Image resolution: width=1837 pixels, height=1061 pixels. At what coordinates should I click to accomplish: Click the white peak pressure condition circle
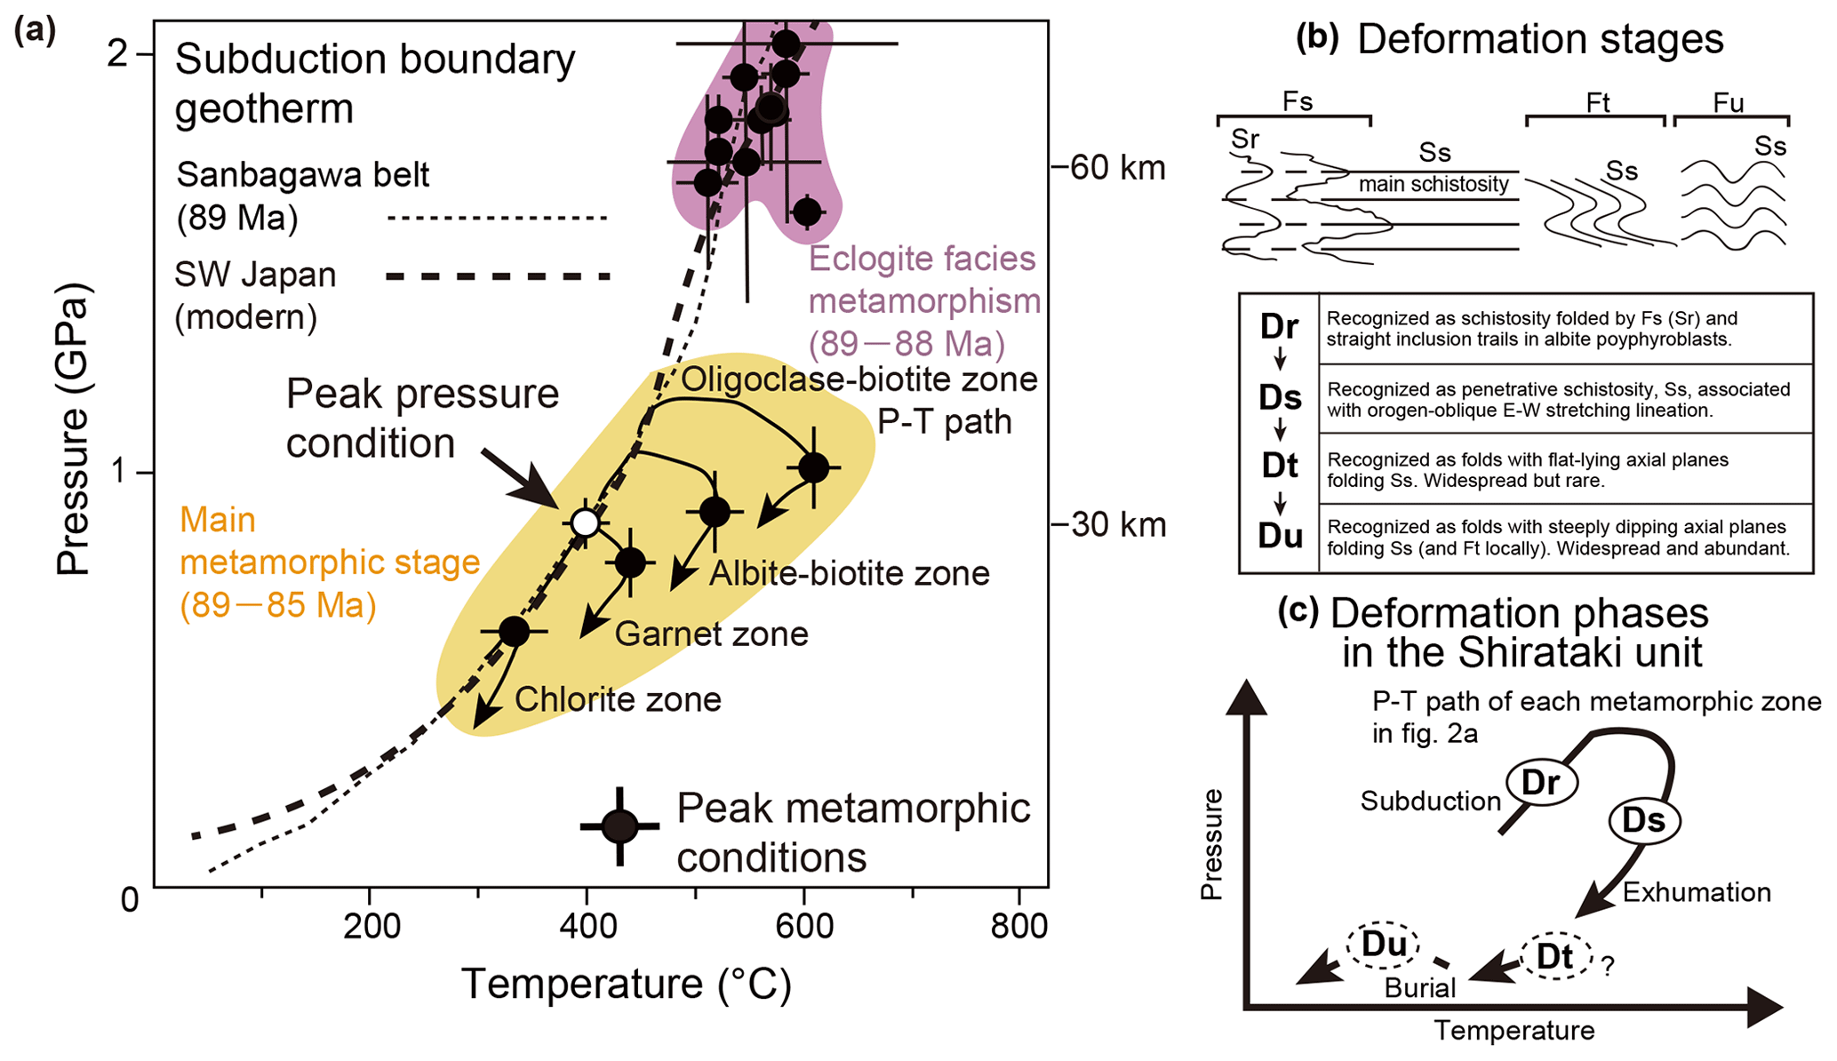[x=585, y=523]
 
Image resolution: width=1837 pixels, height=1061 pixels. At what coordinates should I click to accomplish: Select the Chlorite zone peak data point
[x=515, y=631]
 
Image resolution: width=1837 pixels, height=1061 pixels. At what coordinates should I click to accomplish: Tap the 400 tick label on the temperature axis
[x=587, y=927]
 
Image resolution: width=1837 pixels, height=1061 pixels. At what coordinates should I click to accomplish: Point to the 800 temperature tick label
[x=1018, y=927]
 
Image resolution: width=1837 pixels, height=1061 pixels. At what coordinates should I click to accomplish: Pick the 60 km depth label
[x=1116, y=167]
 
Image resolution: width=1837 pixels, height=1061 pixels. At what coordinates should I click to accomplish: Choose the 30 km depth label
[x=1116, y=524]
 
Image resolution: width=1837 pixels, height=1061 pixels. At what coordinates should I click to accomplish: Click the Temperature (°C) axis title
[x=627, y=985]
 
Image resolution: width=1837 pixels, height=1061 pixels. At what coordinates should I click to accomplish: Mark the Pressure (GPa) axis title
[x=73, y=429]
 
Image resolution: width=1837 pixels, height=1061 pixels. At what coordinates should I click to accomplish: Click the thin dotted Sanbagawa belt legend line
[x=498, y=218]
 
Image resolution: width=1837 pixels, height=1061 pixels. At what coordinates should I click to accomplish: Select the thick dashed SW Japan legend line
[x=498, y=276]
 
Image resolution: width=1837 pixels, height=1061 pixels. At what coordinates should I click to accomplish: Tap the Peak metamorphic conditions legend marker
[x=620, y=826]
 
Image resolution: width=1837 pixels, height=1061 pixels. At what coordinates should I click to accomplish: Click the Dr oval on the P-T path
[x=1541, y=783]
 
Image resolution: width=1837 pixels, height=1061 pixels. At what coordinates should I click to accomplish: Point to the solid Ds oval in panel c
[x=1644, y=820]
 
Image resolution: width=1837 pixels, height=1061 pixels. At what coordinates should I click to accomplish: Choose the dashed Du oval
[x=1383, y=945]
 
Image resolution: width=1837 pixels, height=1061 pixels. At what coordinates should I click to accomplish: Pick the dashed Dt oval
[x=1555, y=956]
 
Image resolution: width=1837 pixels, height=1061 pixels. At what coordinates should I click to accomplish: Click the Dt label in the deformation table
[x=1280, y=466]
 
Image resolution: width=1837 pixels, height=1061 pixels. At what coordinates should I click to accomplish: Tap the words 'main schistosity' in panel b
[x=1434, y=184]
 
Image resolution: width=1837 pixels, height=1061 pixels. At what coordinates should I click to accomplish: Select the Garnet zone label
[x=711, y=634]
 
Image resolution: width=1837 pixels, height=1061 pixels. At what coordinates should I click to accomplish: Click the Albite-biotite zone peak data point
[x=715, y=511]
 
